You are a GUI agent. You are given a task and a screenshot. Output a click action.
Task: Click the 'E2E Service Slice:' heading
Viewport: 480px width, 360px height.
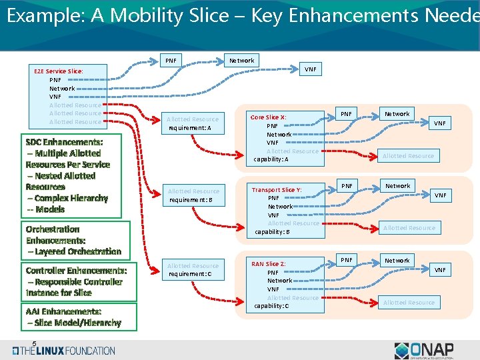[x=59, y=71]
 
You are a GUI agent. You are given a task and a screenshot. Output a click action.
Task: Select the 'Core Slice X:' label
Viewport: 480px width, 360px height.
[x=268, y=117]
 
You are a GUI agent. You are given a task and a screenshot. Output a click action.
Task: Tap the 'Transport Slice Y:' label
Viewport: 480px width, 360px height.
[x=276, y=190]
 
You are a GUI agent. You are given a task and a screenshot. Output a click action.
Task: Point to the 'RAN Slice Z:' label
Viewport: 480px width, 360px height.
[x=268, y=264]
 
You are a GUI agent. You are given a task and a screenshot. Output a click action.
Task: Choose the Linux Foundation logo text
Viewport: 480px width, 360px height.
[x=67, y=351]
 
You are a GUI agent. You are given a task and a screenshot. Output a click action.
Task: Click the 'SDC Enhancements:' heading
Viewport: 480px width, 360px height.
[x=64, y=142]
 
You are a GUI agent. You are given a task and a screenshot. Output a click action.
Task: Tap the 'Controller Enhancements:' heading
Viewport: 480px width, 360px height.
[x=76, y=271]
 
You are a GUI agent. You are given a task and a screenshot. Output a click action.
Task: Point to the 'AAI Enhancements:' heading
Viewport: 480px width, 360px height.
[x=63, y=311]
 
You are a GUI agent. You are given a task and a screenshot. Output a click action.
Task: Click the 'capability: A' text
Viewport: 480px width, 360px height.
[x=271, y=160]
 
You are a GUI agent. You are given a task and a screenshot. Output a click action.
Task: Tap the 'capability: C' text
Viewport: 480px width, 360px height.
[x=271, y=306]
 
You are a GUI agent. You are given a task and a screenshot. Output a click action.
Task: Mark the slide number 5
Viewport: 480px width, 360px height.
[x=34, y=344]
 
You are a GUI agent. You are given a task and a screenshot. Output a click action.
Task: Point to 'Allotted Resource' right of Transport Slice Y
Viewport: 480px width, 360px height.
[x=409, y=228]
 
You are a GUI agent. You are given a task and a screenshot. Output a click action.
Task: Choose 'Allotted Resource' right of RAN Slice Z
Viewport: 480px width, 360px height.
[x=409, y=303]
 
